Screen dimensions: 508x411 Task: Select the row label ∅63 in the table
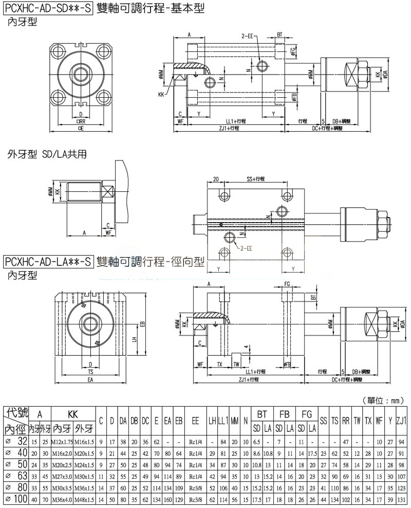tap(15, 476)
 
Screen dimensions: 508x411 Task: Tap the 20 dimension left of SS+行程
tap(215, 179)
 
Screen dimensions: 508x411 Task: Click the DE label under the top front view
tap(81, 128)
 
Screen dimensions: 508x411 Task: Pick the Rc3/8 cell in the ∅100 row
tap(195, 499)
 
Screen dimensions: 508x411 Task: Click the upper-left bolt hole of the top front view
tap(58, 51)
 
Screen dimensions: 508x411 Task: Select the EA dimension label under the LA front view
tap(90, 379)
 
